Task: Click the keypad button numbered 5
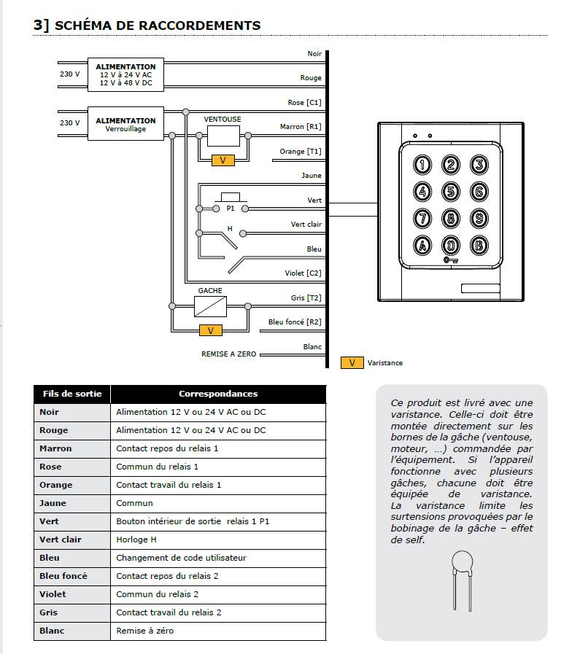(x=451, y=192)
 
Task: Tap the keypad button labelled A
(x=423, y=245)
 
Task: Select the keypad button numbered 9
(x=479, y=218)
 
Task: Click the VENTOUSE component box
(x=223, y=135)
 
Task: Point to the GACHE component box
(x=210, y=305)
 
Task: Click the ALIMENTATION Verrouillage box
(x=125, y=123)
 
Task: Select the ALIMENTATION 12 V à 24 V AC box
(x=125, y=75)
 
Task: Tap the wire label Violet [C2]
(x=303, y=273)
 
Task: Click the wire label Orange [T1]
(x=300, y=152)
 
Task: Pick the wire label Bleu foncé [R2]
(x=295, y=322)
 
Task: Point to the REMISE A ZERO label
(x=228, y=354)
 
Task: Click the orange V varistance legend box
(x=352, y=362)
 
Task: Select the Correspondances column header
(x=218, y=394)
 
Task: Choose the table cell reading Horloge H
(x=136, y=540)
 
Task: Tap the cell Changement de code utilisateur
(x=181, y=558)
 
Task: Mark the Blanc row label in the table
(x=51, y=631)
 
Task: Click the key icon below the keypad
(x=451, y=260)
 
